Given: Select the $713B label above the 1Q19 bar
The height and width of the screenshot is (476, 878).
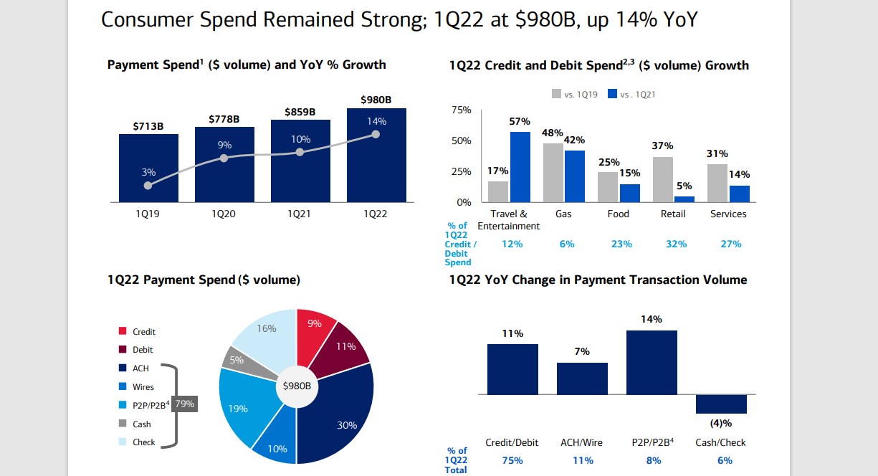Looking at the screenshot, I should coord(148,127).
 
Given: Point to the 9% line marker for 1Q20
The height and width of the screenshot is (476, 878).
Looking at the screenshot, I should coord(224,158).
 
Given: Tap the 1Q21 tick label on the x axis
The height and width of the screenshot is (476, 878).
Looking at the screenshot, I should coord(300,214).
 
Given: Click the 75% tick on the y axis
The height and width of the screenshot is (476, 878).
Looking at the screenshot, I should coord(461,110).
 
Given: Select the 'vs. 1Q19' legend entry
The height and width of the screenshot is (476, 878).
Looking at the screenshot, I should coord(573,94).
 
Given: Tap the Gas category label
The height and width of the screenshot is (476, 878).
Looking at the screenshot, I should coord(563,214).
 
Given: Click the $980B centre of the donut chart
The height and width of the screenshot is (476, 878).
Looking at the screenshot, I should coord(297,386).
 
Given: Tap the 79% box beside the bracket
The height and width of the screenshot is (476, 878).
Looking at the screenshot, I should coord(185,404).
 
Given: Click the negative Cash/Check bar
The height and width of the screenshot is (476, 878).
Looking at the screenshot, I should coord(721,404).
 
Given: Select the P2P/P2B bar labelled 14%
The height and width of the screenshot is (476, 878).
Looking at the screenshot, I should coord(652,362).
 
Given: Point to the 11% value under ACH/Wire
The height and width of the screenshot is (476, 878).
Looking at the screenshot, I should coord(581,460).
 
